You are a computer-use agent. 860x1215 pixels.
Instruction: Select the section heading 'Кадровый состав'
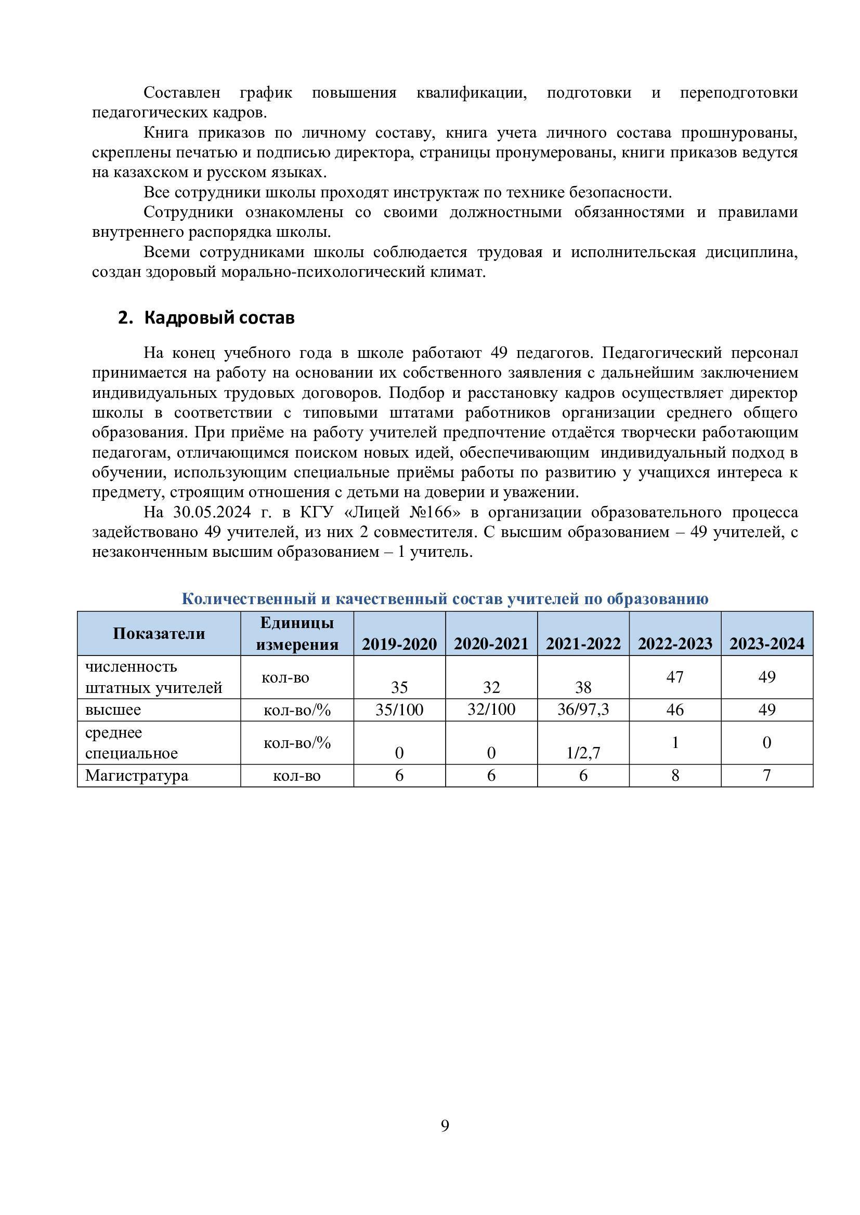(219, 317)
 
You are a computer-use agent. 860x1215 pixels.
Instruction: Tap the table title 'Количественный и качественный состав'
(445, 598)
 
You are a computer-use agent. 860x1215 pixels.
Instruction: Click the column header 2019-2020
(399, 644)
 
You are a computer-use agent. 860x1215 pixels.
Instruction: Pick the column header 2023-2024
(767, 644)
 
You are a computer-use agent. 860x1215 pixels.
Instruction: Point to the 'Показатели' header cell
(159, 633)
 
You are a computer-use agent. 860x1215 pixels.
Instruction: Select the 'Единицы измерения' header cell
(297, 633)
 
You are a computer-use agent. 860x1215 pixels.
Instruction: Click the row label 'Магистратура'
(137, 775)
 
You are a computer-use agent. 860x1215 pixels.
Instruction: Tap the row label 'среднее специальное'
(132, 742)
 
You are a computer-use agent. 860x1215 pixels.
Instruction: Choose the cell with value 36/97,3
(583, 709)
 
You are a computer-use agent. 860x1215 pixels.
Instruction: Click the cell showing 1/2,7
(583, 753)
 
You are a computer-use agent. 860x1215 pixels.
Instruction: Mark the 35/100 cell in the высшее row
(399, 709)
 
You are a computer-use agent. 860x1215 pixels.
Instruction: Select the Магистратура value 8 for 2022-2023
(675, 775)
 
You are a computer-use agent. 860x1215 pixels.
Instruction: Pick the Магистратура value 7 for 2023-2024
(767, 775)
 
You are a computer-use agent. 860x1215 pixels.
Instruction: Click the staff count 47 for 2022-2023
(675, 677)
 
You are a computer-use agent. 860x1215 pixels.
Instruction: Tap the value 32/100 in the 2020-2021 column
(491, 709)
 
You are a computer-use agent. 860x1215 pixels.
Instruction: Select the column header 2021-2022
(583, 644)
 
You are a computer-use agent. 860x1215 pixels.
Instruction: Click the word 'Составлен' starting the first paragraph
(181, 92)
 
